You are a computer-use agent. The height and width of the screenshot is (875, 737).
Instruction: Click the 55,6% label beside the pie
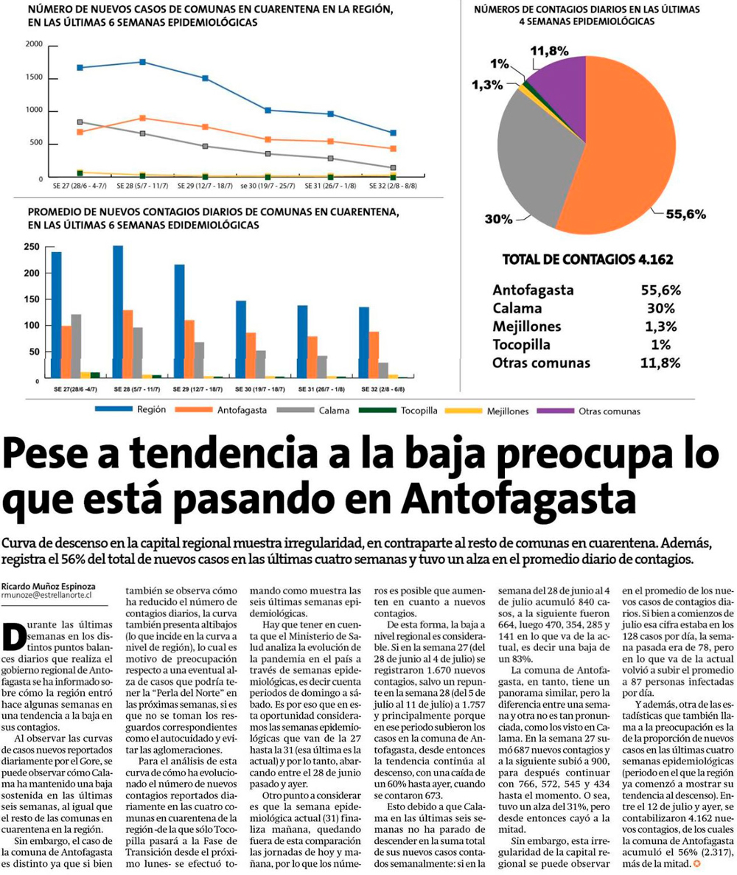click(x=685, y=215)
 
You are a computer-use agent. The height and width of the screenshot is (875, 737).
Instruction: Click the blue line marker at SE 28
click(x=143, y=62)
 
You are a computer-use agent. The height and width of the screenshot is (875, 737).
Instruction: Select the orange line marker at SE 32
click(x=393, y=148)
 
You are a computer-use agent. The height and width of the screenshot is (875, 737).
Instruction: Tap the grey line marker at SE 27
click(x=80, y=122)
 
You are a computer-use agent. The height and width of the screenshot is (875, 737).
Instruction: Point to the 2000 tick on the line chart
click(x=34, y=44)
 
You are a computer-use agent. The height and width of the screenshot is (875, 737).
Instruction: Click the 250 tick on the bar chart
click(x=32, y=246)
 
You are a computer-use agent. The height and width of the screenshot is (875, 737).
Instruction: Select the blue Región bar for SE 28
click(x=118, y=311)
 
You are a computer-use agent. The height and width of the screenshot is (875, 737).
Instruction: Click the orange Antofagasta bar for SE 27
click(x=66, y=352)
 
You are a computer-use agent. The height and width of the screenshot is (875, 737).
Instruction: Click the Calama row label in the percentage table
click(x=517, y=308)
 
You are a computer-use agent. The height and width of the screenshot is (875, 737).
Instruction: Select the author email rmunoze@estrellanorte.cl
click(x=46, y=594)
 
